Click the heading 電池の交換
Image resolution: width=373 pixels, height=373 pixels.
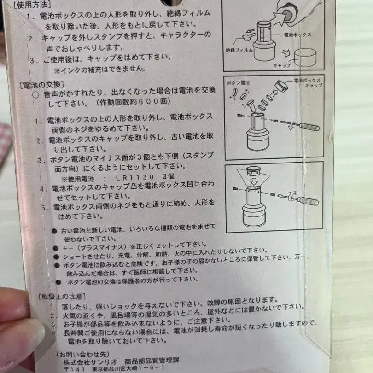pyautogui.click(x=41, y=84)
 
